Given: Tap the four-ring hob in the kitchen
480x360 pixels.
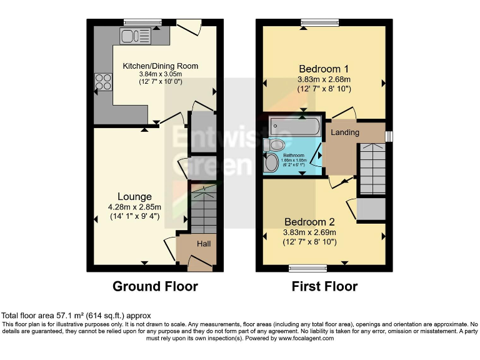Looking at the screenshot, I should tap(102, 82).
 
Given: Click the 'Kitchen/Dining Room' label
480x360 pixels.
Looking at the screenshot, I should tap(160, 66).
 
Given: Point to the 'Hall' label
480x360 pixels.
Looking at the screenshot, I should tap(204, 244).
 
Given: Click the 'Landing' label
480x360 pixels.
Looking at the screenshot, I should tap(345, 132).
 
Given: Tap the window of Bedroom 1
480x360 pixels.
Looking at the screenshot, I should tap(319, 23).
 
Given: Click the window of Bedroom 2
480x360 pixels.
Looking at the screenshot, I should tap(307, 268).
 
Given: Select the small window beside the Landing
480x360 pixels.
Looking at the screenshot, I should tap(389, 136).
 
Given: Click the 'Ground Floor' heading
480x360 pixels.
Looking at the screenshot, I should tap(155, 287).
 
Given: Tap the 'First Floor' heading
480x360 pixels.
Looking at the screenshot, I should tap(324, 287).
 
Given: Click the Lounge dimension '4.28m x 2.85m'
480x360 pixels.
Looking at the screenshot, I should tap(134, 207).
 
